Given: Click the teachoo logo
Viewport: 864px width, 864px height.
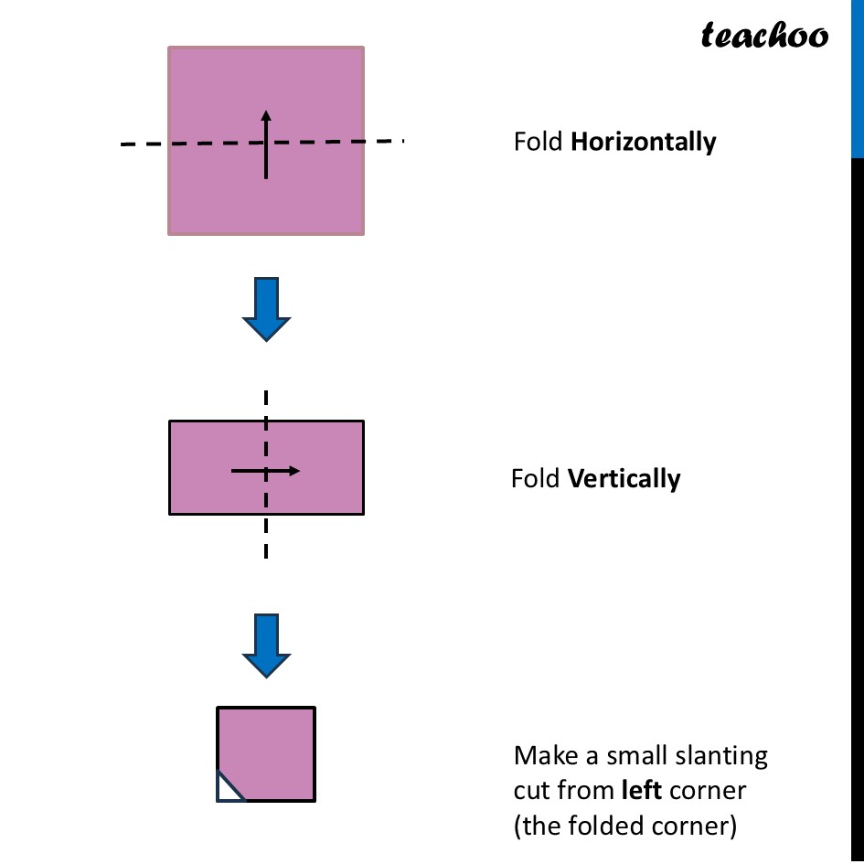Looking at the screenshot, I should pos(764,36).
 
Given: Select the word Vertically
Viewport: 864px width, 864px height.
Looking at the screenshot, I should pos(624,479).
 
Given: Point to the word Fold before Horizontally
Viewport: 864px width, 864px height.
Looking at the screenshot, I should pos(538,143).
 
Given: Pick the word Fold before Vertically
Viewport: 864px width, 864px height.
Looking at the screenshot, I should pos(536,479).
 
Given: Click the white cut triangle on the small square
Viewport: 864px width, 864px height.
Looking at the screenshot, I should pos(227,790).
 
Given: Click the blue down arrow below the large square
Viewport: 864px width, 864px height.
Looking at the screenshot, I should pos(266,309).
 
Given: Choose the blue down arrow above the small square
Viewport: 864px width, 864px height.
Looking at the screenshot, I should pos(266,645).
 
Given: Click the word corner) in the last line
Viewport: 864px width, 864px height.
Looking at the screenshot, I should pos(699,826).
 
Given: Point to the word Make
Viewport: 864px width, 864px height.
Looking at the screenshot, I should pos(540,756).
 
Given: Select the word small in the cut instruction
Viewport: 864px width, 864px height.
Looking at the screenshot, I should pos(631,756).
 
